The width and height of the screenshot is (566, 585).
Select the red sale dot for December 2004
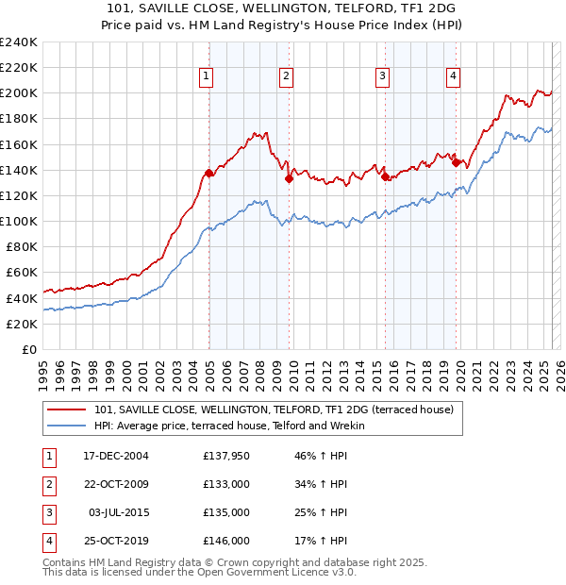(208, 173)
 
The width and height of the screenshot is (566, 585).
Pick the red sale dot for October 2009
(290, 178)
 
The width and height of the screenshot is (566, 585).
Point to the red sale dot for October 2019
(457, 162)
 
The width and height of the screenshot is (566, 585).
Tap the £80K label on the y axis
(21, 247)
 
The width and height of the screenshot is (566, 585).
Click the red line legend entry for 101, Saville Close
(275, 409)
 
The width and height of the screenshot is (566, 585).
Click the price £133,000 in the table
(226, 485)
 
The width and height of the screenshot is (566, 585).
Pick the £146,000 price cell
(226, 542)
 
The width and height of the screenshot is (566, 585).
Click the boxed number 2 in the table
(46, 485)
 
